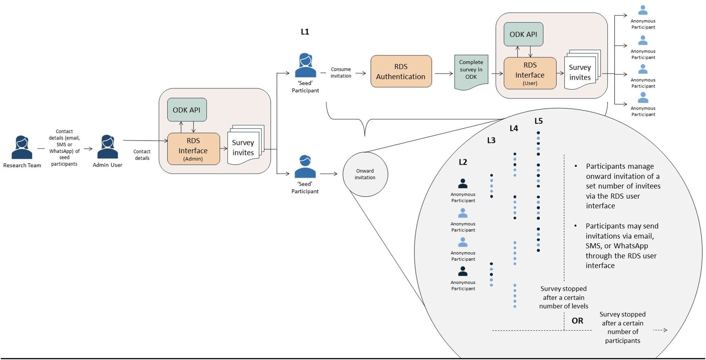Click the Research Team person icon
point(22,147)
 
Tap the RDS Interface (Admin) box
point(193,149)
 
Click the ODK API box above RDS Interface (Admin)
point(187,110)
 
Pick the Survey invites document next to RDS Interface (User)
point(581,71)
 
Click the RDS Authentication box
point(401,71)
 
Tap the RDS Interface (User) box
point(530,73)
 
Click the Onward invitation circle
point(365,174)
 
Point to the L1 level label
point(305,32)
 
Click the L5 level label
point(539,121)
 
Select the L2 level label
point(463,162)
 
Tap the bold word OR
point(577,321)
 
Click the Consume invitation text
point(341,73)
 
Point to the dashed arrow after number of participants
point(660,330)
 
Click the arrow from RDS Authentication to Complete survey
point(444,73)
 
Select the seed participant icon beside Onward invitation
point(305,167)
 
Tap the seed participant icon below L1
point(305,66)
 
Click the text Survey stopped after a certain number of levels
point(564,297)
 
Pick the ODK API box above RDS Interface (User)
point(523,34)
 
